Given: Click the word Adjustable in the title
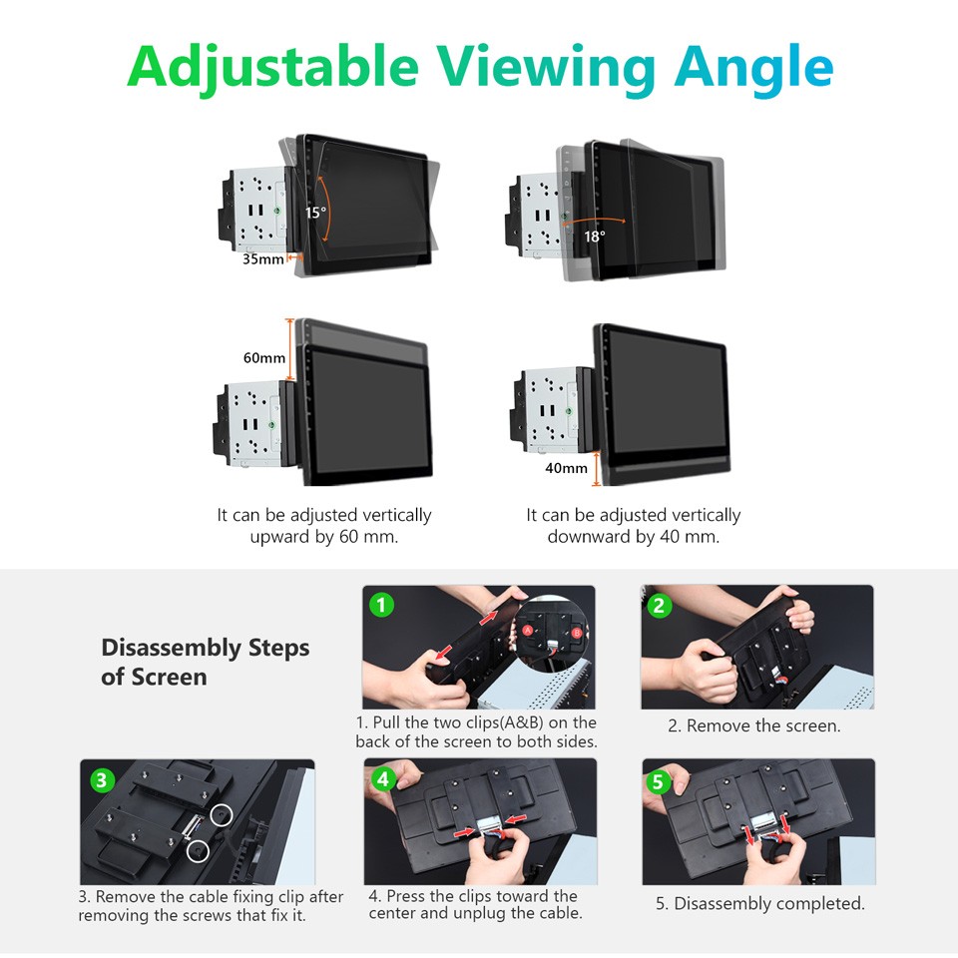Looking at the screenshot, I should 272,66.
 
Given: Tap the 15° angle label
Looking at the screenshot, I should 315,213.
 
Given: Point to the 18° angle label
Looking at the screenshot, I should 595,237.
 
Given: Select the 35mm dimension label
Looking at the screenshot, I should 263,259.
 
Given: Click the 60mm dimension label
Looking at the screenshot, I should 263,357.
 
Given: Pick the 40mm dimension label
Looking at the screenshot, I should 566,467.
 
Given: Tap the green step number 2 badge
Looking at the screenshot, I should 660,605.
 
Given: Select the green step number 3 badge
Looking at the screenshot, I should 101,780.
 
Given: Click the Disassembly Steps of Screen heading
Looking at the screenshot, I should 205,662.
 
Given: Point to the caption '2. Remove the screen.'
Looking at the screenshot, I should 753,726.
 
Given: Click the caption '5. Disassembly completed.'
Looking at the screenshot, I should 759,904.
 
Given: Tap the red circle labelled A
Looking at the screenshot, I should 528,631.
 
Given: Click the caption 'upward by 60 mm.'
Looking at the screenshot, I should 323,537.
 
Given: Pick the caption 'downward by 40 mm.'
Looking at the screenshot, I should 633,537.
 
